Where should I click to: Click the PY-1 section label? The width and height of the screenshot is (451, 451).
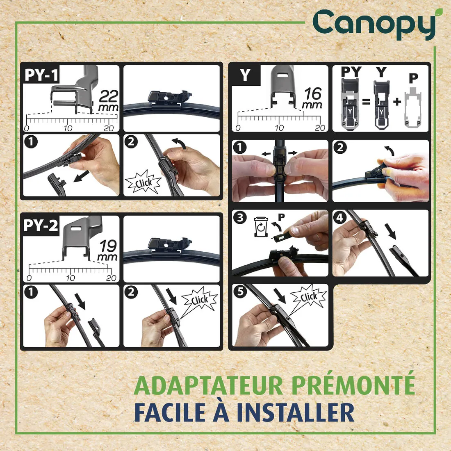click(41, 75)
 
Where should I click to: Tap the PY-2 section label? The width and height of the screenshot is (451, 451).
click(41, 225)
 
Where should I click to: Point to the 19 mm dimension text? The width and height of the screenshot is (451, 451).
click(108, 251)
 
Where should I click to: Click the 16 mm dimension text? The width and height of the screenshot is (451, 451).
click(312, 98)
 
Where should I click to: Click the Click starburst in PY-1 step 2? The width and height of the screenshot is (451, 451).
click(143, 183)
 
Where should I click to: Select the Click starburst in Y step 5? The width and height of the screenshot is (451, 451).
click(308, 297)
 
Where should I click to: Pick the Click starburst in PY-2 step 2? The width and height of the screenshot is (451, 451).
click(199, 301)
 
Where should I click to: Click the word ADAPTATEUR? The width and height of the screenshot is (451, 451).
click(208, 385)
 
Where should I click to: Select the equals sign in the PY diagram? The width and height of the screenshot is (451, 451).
click(366, 101)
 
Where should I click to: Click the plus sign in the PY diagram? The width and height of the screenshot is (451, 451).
click(396, 101)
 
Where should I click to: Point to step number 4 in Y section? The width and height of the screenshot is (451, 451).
click(340, 217)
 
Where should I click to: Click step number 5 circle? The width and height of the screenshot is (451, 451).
click(239, 292)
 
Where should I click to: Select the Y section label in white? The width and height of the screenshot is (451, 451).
click(245, 75)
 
